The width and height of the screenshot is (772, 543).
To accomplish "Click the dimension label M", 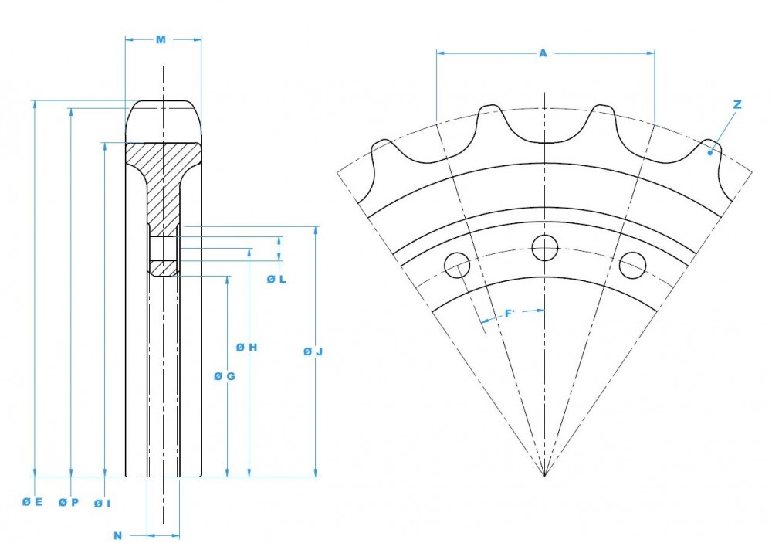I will (x=161, y=39).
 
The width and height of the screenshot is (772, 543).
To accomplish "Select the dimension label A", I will (x=543, y=53).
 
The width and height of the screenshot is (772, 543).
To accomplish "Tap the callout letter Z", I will (x=737, y=104).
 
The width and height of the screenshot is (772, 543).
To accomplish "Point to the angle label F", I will (x=509, y=313).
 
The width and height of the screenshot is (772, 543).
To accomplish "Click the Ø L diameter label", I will (x=276, y=279).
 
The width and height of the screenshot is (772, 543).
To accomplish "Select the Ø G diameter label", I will (x=224, y=376).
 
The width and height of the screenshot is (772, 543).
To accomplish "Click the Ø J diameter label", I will (x=312, y=351).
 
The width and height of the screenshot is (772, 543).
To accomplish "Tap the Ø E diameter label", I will (x=32, y=501).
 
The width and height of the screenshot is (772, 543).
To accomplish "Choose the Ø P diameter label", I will (x=68, y=502).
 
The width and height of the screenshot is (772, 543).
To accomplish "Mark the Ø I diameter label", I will (x=102, y=503).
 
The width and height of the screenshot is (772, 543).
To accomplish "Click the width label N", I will (x=118, y=535).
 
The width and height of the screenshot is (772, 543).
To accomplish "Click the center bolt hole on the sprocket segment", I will (x=545, y=247).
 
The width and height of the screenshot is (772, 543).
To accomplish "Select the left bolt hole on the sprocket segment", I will (x=457, y=266).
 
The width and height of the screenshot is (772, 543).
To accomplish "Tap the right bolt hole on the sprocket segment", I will (x=632, y=265).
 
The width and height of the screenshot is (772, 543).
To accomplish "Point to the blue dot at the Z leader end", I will (x=709, y=153).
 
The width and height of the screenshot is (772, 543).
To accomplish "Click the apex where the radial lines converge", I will (x=545, y=476).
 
